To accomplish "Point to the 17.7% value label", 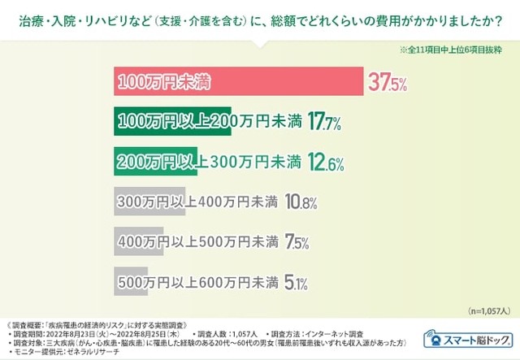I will point(324,123).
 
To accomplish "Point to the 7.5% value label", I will point(296,241).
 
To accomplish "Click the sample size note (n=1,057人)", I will point(487,310).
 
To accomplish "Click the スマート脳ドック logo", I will point(466,340).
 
